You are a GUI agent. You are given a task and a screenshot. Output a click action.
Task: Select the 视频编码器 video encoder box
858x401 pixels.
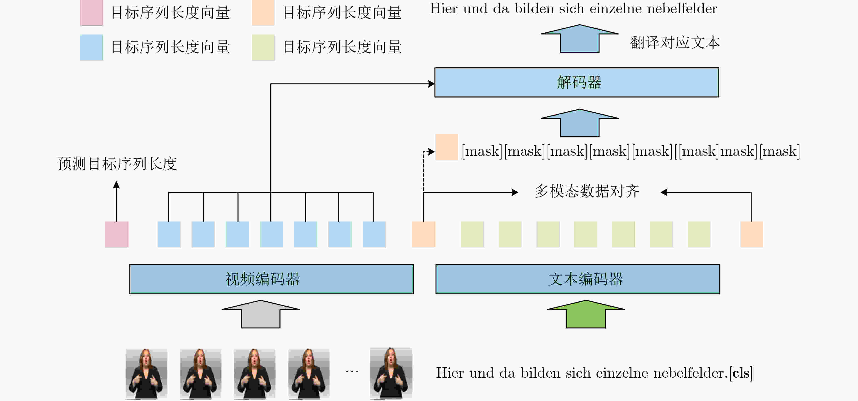(271, 279)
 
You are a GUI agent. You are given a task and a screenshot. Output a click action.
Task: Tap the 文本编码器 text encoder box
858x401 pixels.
(577, 279)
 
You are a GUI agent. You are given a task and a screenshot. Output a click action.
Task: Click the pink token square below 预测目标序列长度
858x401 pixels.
(117, 234)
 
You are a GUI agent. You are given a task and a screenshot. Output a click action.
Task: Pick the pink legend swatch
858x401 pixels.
(91, 13)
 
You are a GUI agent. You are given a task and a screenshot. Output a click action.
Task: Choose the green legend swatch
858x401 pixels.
(263, 47)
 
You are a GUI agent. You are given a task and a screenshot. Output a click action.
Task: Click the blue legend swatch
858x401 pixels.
(91, 47)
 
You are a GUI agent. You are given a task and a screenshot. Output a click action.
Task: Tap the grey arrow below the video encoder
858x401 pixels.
(261, 314)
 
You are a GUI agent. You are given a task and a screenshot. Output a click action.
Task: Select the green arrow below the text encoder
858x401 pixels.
(586, 314)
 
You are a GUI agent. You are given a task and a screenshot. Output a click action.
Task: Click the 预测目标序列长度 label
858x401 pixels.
(117, 164)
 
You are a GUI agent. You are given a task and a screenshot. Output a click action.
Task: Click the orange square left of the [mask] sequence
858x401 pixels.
(446, 147)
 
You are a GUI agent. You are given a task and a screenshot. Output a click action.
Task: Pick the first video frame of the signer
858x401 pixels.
(146, 374)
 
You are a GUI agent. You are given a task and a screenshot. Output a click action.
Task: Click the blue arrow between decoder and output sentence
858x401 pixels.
(579, 39)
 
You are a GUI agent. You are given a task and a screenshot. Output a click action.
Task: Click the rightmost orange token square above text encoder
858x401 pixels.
(751, 234)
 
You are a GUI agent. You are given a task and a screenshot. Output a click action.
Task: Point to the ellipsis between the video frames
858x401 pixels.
(352, 371)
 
